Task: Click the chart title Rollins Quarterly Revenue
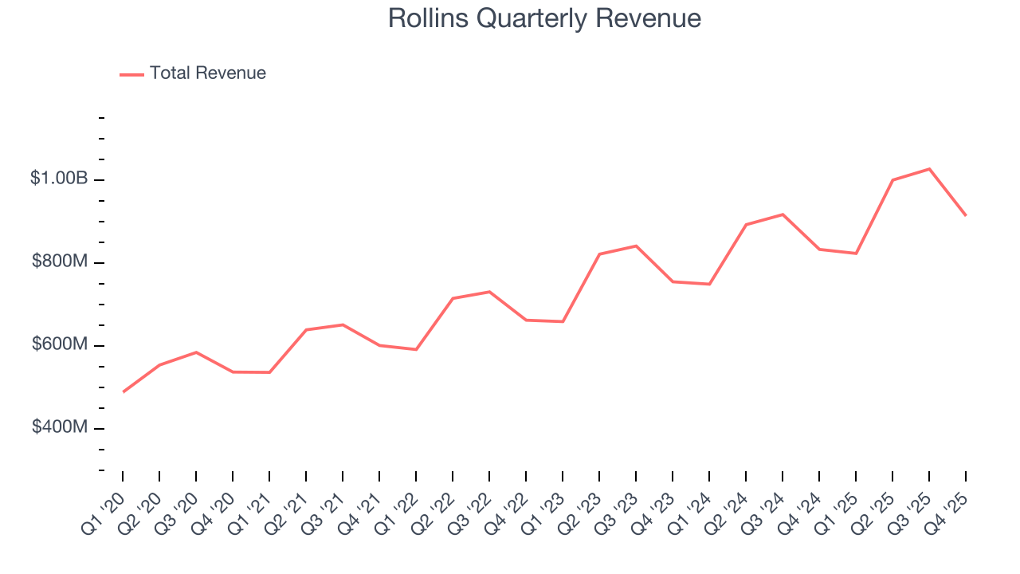point(544,18)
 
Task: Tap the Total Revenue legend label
point(207,73)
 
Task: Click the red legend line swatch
point(131,74)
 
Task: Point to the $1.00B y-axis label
point(59,179)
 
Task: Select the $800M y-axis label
point(60,261)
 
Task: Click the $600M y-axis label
point(60,344)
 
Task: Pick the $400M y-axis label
point(60,427)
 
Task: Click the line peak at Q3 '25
point(929,169)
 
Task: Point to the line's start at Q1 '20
point(123,392)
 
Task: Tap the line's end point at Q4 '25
point(966,215)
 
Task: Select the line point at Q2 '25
point(892,180)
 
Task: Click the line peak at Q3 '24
point(783,214)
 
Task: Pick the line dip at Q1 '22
point(416,349)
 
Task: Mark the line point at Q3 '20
point(196,352)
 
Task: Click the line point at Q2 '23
point(599,254)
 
